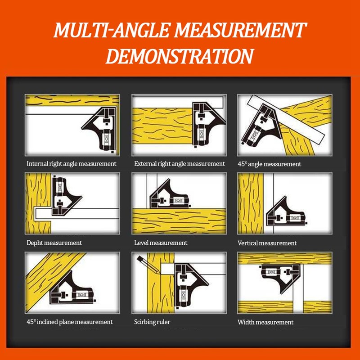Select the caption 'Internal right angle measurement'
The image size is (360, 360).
tap(72, 164)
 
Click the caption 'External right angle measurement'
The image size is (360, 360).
tap(180, 164)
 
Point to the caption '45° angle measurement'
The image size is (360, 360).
tap(270, 164)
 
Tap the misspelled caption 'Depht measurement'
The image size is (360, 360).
tap(54, 243)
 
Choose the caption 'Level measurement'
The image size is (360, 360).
tap(161, 243)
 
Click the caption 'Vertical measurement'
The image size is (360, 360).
tap(267, 243)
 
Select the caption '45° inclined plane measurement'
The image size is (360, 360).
tap(69, 322)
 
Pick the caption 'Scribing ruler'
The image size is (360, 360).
tap(152, 322)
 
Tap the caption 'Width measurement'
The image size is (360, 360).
tap(265, 322)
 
